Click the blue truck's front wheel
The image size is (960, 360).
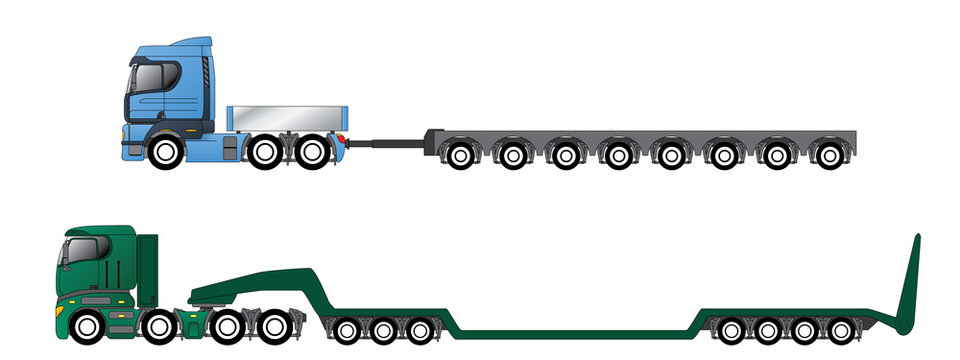(166, 153)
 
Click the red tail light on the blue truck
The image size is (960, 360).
(342, 139)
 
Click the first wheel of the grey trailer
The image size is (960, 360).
(459, 155)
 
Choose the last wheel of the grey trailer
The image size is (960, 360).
(827, 155)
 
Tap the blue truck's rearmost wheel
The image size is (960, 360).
(313, 152)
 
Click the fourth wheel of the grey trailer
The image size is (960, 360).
(617, 155)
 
